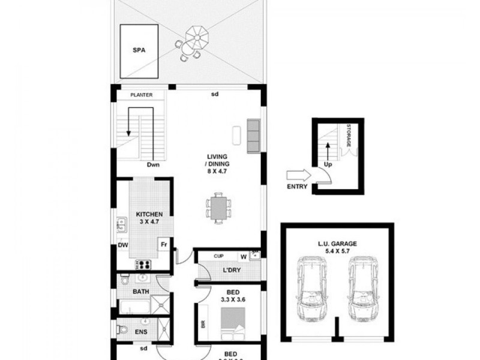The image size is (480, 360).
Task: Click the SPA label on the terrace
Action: pyautogui.click(x=140, y=50)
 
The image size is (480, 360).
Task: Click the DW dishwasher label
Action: pyautogui.click(x=122, y=245)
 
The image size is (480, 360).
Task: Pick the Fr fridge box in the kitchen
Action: pyautogui.click(x=163, y=244)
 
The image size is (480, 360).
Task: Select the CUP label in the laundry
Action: pyautogui.click(x=218, y=256)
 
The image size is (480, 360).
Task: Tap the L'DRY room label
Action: pyautogui.click(x=231, y=270)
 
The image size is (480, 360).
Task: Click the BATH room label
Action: pyautogui.click(x=140, y=292)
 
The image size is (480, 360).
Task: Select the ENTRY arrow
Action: pyautogui.click(x=298, y=175)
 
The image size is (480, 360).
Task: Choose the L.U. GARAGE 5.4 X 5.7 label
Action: pyautogui.click(x=337, y=247)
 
